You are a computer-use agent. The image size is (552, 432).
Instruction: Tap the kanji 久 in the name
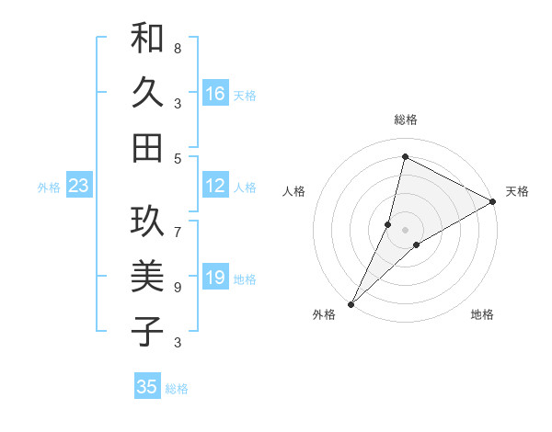pos(147,93)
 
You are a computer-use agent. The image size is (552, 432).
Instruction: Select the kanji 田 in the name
pos(147,146)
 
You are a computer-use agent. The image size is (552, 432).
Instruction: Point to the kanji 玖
pos(147,221)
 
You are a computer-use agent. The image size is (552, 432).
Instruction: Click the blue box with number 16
pos(215,94)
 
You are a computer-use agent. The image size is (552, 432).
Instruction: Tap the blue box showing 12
pos(215,187)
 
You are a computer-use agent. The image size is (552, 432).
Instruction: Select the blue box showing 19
pos(215,279)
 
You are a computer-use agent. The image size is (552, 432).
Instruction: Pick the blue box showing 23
pos(78,187)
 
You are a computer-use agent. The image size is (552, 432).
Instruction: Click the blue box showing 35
pos(147,387)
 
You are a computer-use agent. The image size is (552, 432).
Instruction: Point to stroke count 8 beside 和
pos(178,48)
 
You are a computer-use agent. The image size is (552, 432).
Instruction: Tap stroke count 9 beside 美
pos(178,287)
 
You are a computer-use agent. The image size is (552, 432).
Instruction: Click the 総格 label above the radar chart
pos(405,119)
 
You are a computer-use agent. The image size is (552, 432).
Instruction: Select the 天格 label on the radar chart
pos(517,191)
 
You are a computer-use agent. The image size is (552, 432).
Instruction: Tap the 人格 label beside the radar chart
pos(294,191)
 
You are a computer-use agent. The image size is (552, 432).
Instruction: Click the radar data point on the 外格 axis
pos(351,303)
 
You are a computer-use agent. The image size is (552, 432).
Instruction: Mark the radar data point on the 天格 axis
pos(493,201)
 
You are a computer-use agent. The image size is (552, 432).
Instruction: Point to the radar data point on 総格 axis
pos(405,156)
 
